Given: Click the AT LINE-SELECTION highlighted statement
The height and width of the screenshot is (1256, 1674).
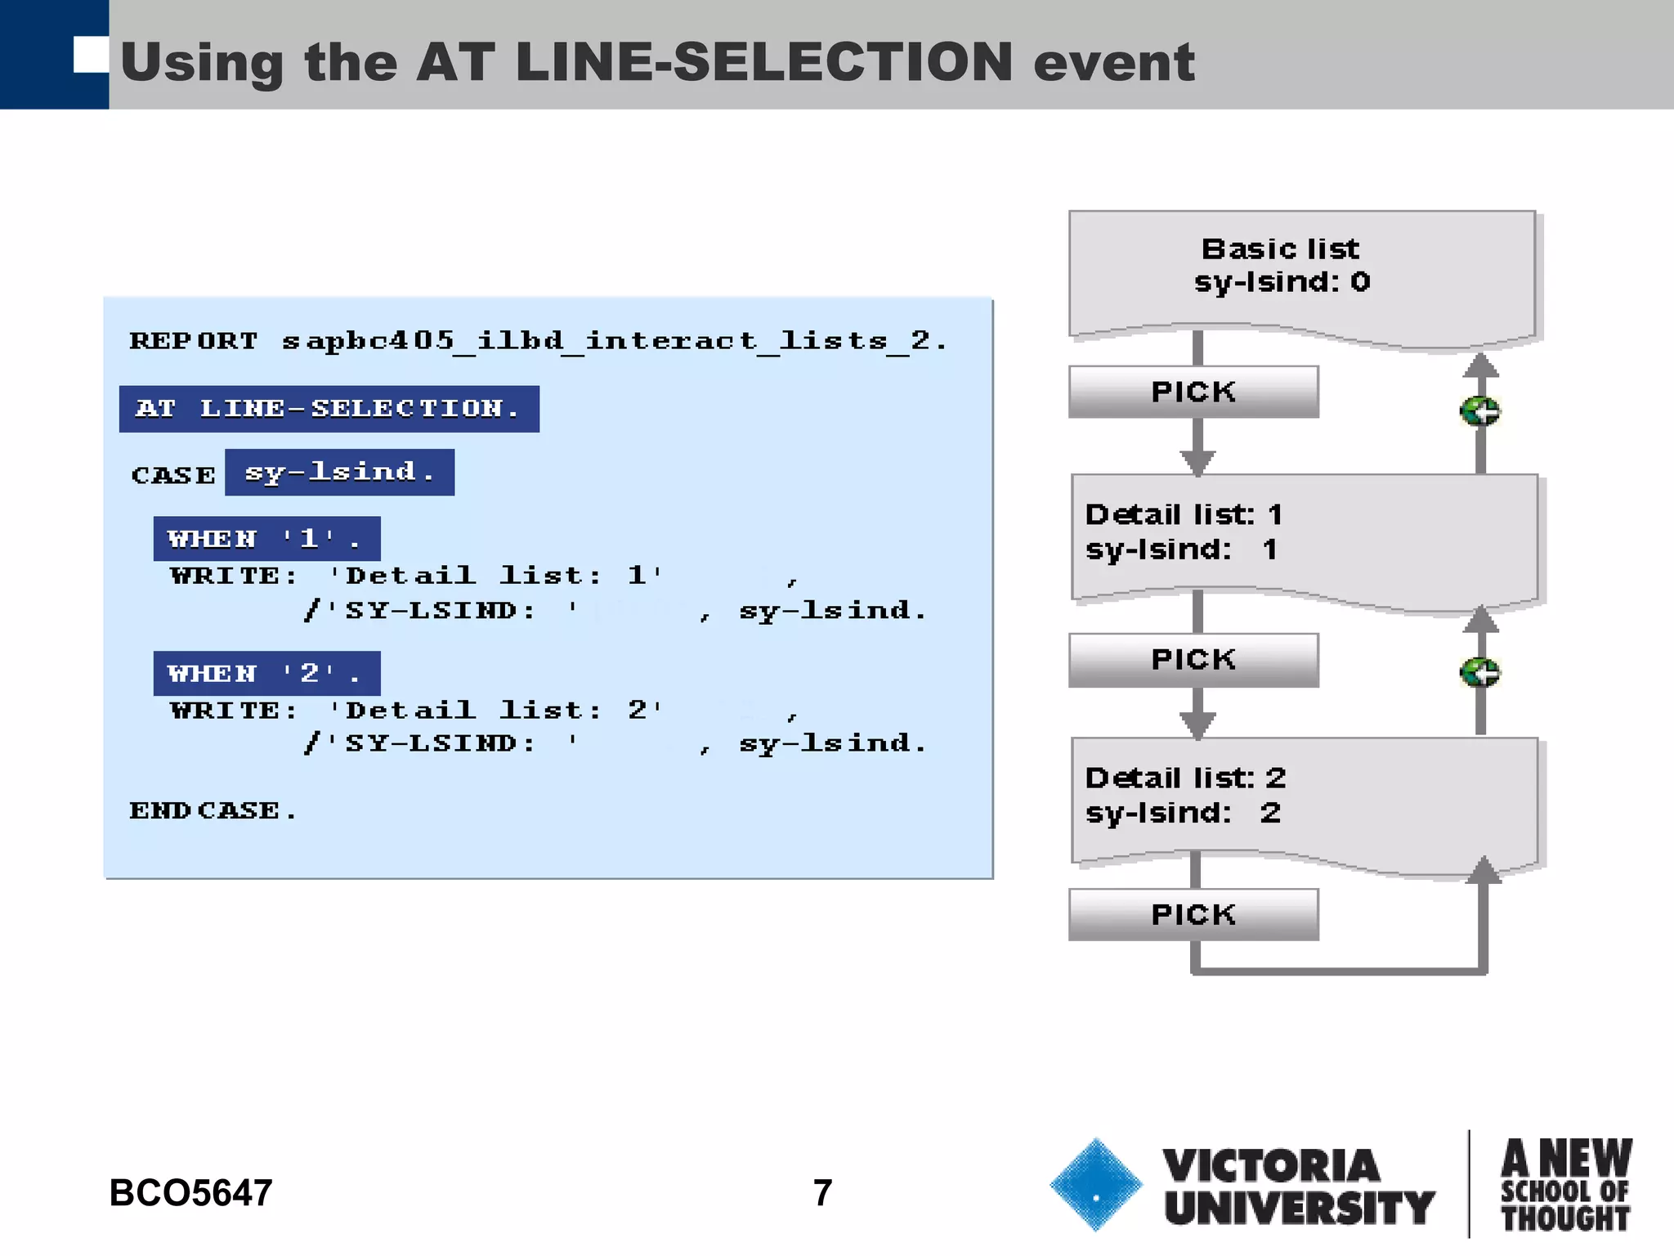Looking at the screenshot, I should click(x=329, y=408).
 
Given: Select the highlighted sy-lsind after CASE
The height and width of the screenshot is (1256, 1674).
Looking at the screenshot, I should click(x=339, y=472).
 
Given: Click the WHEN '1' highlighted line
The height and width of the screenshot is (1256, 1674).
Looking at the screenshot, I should click(x=266, y=538).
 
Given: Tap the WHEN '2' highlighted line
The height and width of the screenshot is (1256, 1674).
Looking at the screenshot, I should click(x=266, y=673).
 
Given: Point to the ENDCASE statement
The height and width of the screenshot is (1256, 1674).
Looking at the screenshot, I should click(x=213, y=810).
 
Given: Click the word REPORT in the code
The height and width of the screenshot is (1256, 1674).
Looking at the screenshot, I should click(x=194, y=340).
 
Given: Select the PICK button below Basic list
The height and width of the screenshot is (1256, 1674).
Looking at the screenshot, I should click(x=1193, y=392).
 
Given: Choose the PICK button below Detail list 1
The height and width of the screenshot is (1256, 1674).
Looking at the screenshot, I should click(x=1193, y=659).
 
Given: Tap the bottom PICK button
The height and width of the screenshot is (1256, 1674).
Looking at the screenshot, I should click(x=1193, y=914).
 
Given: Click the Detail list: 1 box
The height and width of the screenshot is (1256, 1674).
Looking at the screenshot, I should click(x=1303, y=536).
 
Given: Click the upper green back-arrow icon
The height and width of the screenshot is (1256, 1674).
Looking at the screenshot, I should click(x=1479, y=410).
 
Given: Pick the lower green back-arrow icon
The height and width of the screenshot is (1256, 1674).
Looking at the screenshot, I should click(x=1479, y=673).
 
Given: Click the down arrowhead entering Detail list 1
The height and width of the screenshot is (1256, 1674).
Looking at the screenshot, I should click(x=1197, y=463).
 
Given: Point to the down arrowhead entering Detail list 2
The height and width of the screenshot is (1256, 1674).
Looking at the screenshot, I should click(x=1197, y=725).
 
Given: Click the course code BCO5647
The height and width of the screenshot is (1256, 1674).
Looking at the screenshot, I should click(x=190, y=1192).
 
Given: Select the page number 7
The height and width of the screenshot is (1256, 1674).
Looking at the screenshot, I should click(x=822, y=1192).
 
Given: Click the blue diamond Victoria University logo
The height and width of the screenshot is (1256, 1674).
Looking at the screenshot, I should click(x=1096, y=1184).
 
